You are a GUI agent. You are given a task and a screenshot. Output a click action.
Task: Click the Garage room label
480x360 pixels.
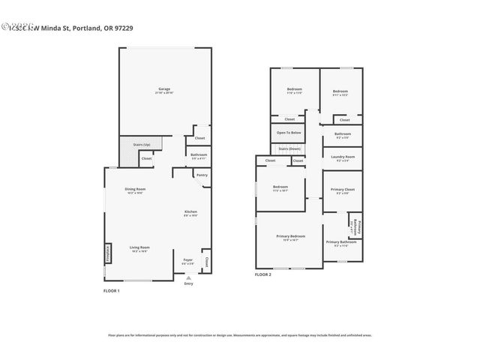(x=163, y=90)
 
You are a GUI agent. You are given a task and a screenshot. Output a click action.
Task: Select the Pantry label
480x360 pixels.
(x=201, y=175)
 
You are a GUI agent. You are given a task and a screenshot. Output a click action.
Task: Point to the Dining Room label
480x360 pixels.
(x=135, y=190)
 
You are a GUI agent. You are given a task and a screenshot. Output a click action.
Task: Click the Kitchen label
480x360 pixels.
(x=191, y=213)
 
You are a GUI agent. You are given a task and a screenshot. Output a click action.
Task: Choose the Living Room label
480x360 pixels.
(x=139, y=248)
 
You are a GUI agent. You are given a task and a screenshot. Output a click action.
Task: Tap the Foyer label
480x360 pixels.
(x=188, y=261)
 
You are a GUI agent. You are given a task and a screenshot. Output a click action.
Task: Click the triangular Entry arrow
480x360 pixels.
(x=188, y=277)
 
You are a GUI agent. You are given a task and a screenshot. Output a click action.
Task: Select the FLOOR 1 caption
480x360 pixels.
(x=111, y=290)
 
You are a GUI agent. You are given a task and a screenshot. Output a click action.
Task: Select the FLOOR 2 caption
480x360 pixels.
(x=262, y=275)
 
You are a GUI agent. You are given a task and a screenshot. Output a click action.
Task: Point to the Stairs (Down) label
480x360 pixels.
(x=289, y=148)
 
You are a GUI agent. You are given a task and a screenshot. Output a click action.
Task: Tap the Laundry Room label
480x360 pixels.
(x=342, y=157)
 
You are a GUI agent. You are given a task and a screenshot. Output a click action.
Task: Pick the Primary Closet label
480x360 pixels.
(x=342, y=190)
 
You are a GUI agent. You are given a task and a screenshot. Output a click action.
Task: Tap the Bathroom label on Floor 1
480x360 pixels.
(x=199, y=156)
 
